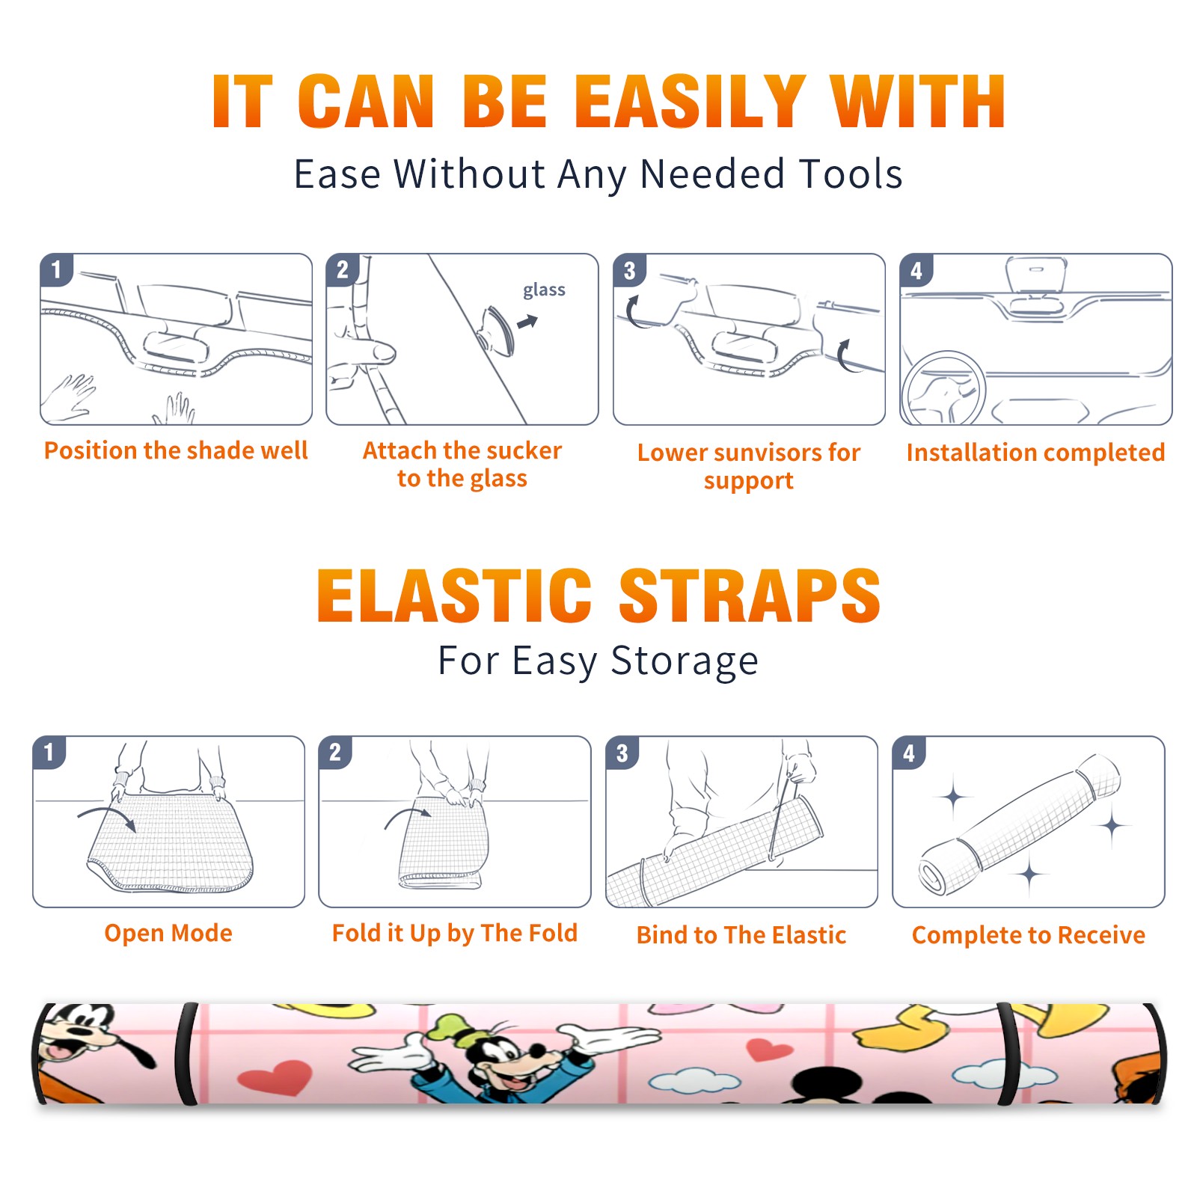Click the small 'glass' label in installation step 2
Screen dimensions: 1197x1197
coord(544,290)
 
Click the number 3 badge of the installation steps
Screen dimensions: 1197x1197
coord(629,271)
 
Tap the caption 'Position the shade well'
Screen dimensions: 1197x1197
coord(176,450)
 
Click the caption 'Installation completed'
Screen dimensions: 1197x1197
coord(1035,452)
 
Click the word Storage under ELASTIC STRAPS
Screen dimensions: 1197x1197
coord(685,661)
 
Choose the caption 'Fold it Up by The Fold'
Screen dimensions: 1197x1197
coord(455,933)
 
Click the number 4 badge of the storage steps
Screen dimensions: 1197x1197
coord(909,753)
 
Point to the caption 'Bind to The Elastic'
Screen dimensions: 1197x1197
coord(741,935)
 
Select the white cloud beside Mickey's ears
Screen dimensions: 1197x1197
coord(694,1080)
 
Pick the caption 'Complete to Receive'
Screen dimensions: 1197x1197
coord(1029,935)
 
